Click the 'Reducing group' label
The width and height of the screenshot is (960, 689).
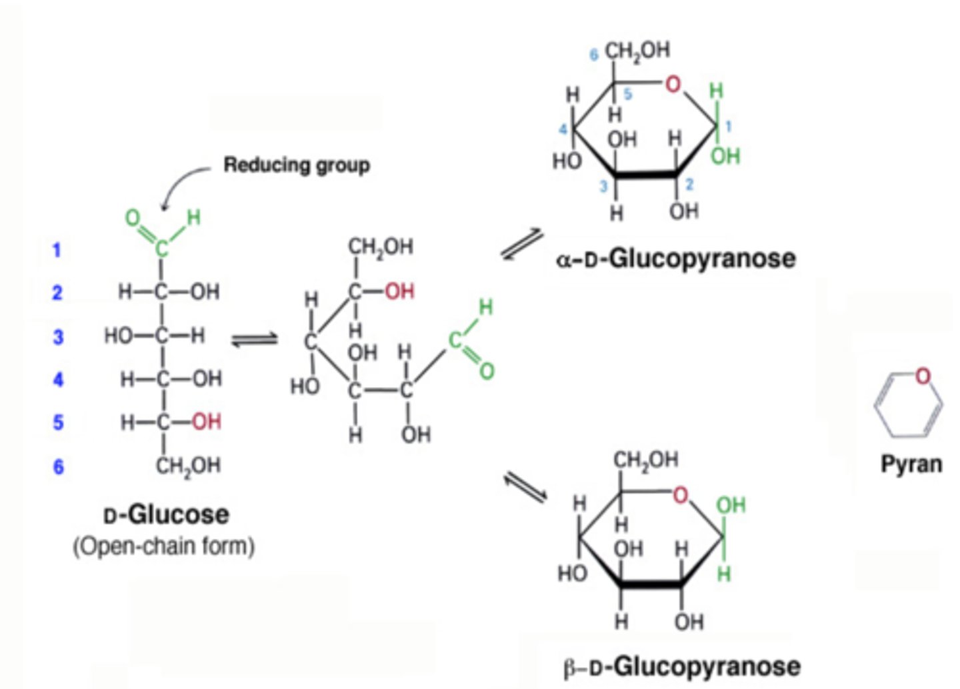click(x=296, y=165)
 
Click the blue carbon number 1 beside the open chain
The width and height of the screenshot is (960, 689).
click(x=57, y=250)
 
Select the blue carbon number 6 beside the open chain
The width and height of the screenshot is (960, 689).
click(x=58, y=466)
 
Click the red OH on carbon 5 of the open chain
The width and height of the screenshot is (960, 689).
click(x=206, y=422)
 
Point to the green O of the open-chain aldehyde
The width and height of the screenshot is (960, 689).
click(x=133, y=218)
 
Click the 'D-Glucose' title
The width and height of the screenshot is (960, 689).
click(x=166, y=515)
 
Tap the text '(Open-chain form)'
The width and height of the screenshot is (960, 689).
click(x=164, y=546)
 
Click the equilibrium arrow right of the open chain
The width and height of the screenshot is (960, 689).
click(x=254, y=340)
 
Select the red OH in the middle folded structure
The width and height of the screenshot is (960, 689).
click(x=399, y=291)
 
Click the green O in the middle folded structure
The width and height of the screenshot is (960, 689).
click(x=487, y=371)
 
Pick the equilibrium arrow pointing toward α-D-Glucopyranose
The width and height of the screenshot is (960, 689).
click(x=522, y=244)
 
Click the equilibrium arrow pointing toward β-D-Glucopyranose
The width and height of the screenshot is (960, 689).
click(x=525, y=487)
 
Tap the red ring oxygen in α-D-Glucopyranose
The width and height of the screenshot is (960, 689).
click(x=673, y=84)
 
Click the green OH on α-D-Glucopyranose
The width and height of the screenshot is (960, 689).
click(x=725, y=156)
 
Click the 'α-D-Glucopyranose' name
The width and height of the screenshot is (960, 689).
click(x=675, y=258)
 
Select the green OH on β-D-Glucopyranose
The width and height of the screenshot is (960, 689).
click(x=731, y=506)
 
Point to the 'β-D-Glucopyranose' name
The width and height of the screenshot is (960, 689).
click(x=681, y=666)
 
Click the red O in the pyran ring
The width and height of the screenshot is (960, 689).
click(x=922, y=376)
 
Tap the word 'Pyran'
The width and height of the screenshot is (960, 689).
click(x=911, y=464)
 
